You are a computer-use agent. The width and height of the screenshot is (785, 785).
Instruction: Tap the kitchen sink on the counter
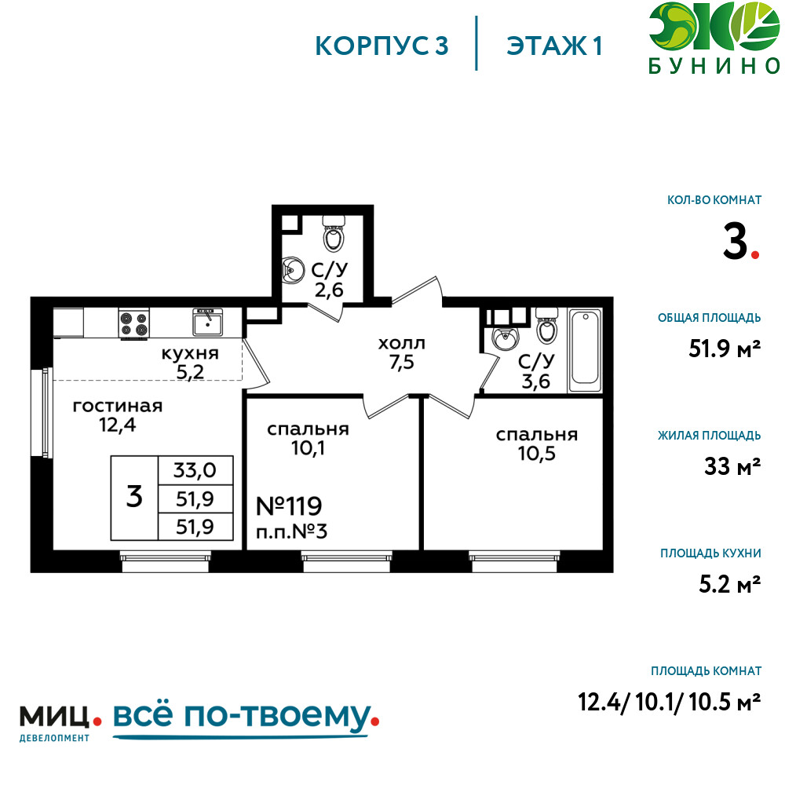coord(208,322)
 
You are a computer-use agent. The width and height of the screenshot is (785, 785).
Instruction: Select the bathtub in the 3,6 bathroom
coord(585,350)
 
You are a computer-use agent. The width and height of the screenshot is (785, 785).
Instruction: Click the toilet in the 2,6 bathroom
coord(334,233)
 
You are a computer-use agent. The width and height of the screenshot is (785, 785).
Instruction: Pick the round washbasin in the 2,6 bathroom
coord(293,271)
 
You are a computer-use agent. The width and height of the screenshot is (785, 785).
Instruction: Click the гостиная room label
coord(118,406)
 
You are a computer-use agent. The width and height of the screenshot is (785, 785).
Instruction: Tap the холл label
coord(401,344)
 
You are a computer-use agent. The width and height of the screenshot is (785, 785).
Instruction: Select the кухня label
coord(190,353)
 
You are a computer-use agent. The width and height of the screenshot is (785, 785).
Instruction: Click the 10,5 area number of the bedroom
coord(537,454)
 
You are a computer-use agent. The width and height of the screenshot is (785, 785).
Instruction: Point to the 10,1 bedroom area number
coord(308,448)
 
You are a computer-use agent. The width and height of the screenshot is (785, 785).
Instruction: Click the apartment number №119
coord(289,506)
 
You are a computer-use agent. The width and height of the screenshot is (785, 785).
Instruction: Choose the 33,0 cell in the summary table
coord(195,470)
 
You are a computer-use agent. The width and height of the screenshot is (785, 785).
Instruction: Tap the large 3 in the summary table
coord(134,497)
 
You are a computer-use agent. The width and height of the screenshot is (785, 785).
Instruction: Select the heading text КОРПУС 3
coord(382,46)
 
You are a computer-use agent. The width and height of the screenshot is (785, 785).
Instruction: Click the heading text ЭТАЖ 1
coord(554,46)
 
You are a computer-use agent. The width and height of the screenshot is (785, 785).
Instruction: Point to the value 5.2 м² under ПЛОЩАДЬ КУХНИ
coord(729,584)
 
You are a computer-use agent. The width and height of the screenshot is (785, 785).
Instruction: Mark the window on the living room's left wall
coord(42,413)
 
